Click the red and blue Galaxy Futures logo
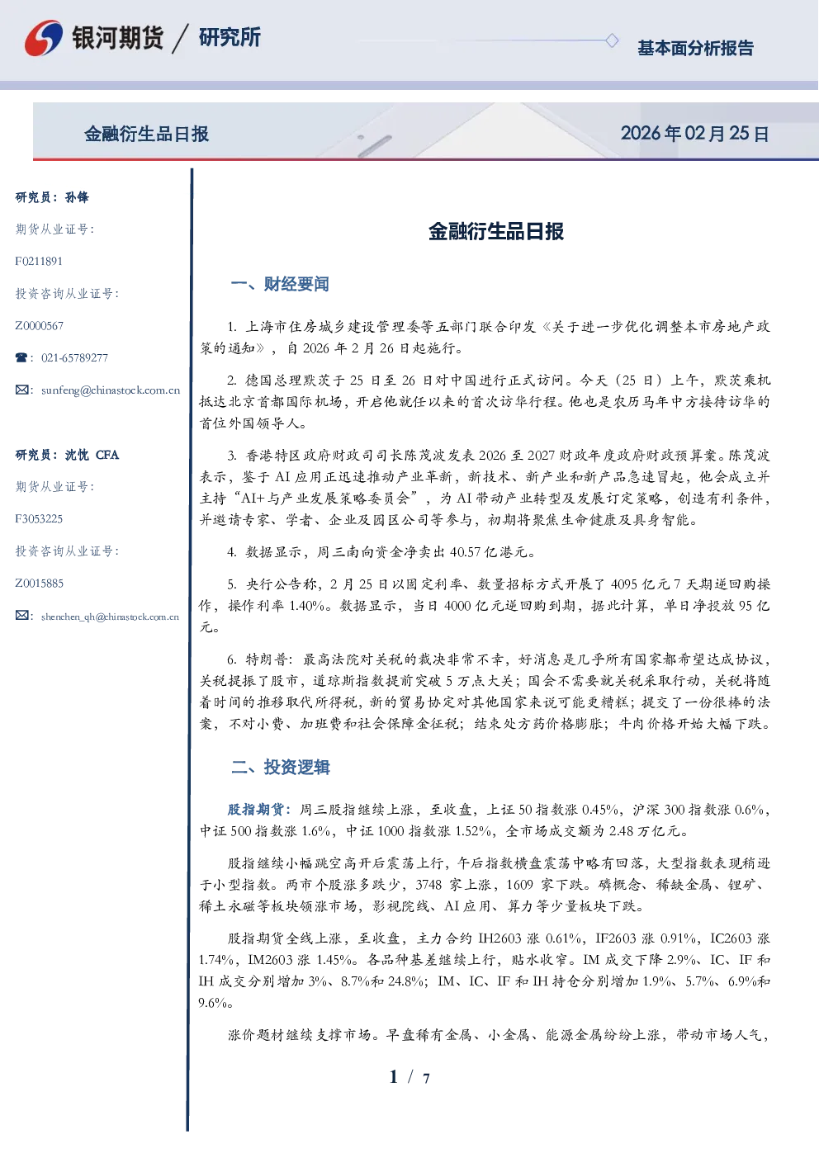44,38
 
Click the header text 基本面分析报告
695,48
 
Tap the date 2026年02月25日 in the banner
695,134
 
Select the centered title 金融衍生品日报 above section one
496,231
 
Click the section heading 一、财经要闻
280,284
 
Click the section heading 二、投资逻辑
280,767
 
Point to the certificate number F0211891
39,261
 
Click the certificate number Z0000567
40,326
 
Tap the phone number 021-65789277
75,357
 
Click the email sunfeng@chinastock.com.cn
111,390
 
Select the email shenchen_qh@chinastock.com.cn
110,617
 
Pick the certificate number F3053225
39,519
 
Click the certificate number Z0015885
40,584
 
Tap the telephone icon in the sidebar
21,357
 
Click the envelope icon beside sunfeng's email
21,390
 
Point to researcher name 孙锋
77,197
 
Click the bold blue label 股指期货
255,809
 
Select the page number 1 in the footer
394,1076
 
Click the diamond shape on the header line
612,40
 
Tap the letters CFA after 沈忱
107,455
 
